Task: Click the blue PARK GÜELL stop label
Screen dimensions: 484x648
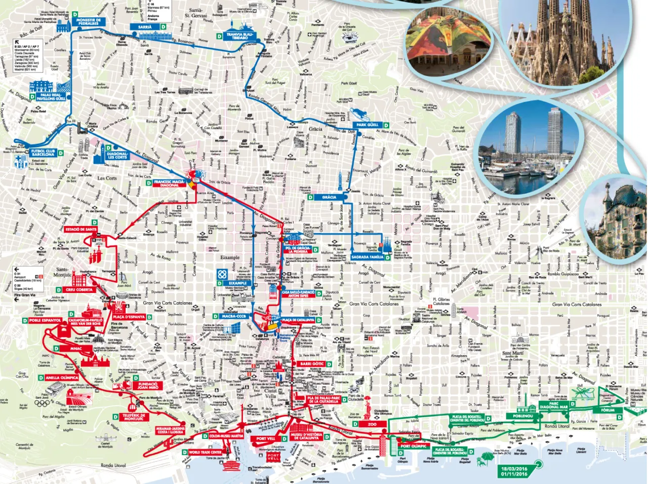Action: (367, 125)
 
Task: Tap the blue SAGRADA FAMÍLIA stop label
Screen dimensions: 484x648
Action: (367, 257)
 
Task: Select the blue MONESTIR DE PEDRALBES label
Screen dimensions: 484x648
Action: (89, 21)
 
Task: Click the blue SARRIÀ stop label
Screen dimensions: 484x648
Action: (144, 27)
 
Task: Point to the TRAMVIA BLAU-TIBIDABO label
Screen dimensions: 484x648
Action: (240, 36)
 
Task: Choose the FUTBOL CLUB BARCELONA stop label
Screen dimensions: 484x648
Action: (43, 153)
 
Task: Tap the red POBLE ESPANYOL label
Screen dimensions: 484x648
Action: (45, 320)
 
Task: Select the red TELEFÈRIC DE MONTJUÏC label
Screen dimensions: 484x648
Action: (134, 417)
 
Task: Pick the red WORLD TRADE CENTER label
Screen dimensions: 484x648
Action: (205, 452)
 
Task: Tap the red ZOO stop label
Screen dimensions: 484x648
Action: (372, 424)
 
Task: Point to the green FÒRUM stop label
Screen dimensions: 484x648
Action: (607, 410)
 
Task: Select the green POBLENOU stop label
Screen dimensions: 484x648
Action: (523, 416)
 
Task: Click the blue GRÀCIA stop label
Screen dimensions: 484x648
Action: (329, 197)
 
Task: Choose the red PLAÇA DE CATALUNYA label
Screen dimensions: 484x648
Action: (298, 320)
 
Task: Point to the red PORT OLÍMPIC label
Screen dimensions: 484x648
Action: (414, 446)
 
